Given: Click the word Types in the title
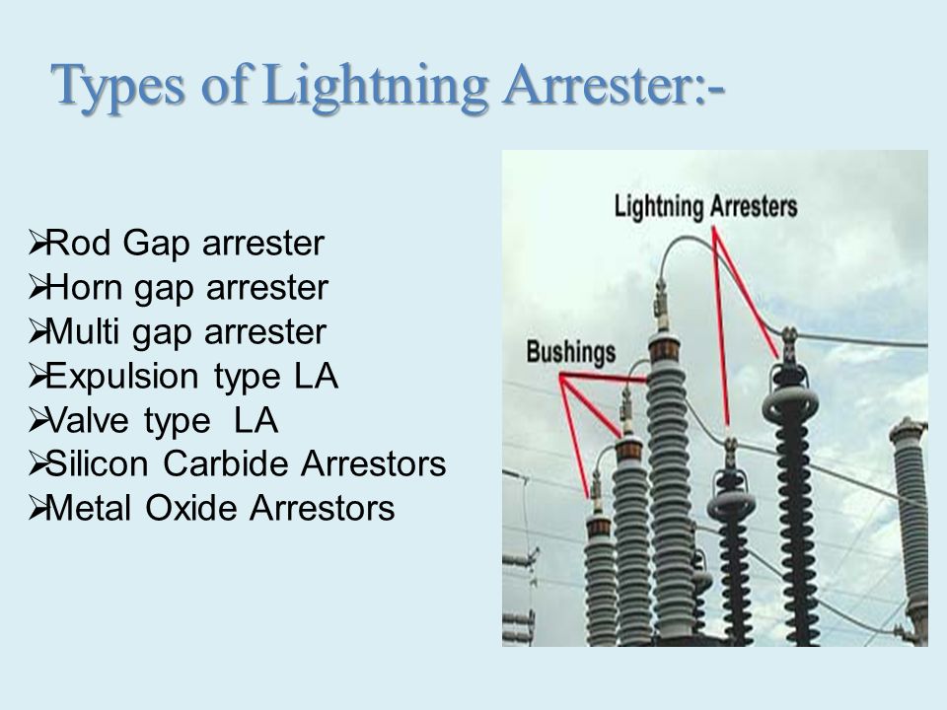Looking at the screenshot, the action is pyautogui.click(x=117, y=86).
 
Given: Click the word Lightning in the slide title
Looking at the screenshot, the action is pyautogui.click(x=375, y=86).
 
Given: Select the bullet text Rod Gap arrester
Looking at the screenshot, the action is pyautogui.click(x=184, y=244).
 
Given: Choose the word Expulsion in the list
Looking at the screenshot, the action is pyautogui.click(x=121, y=376).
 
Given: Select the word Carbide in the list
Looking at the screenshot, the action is pyautogui.click(x=227, y=463).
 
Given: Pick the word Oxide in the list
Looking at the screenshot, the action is pyautogui.click(x=192, y=508).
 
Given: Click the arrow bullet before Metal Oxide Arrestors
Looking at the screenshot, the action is pyautogui.click(x=36, y=508).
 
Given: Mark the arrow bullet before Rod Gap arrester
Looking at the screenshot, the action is pyautogui.click(x=36, y=243).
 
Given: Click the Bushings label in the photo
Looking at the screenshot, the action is pyautogui.click(x=571, y=352).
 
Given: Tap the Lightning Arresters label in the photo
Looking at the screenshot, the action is pyautogui.click(x=705, y=206).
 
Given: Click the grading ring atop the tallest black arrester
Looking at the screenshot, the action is pyautogui.click(x=790, y=404).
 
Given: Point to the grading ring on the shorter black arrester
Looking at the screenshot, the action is pyautogui.click(x=731, y=504).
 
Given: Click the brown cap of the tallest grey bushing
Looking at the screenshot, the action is pyautogui.click(x=664, y=348).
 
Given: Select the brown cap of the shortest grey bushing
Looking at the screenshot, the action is pyautogui.click(x=599, y=526).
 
